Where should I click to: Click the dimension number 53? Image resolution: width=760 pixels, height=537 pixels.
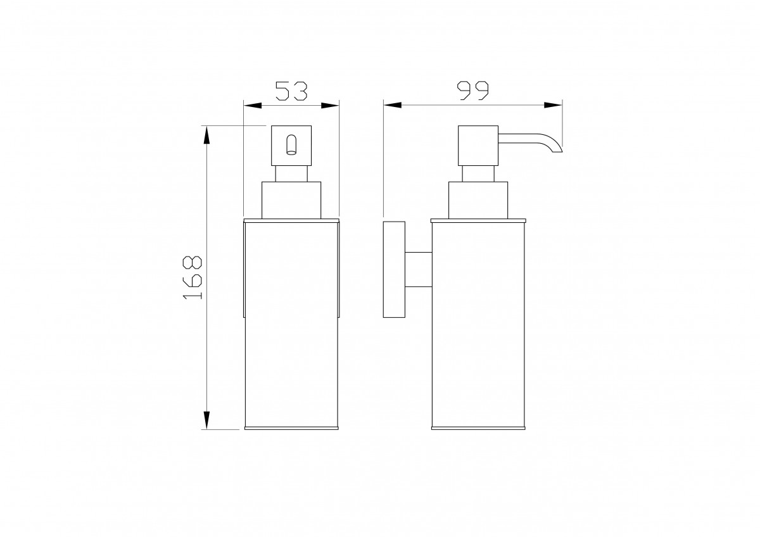[291, 91]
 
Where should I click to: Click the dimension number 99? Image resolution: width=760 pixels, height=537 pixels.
[472, 91]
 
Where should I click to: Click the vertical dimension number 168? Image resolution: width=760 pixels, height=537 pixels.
[193, 277]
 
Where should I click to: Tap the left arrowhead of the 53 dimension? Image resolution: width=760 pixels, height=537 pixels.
[253, 106]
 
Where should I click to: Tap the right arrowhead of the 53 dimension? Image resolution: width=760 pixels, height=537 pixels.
[330, 106]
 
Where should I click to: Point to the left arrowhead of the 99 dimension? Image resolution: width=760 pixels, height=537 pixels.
[393, 105]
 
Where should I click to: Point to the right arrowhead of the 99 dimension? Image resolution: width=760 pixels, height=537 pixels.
[553, 105]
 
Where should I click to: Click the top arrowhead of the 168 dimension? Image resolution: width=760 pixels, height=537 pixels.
[206, 135]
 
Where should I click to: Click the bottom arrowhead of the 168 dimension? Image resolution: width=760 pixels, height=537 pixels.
[206, 420]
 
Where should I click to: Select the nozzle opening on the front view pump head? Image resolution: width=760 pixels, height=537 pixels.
[291, 145]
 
